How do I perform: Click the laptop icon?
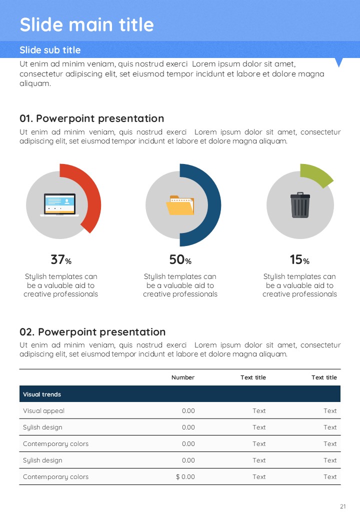pos(59,205)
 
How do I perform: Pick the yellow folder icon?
pos(180,205)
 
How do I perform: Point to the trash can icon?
pos(300,205)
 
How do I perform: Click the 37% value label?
pos(60,260)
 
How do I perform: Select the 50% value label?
pos(180,260)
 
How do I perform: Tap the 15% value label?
pos(299,260)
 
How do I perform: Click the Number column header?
pos(183,377)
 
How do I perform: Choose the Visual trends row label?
pos(42,394)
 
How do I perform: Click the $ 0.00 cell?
pos(185,477)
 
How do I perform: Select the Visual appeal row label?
pos(43,411)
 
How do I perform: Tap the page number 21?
pos(343,506)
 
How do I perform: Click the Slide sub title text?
pos(50,50)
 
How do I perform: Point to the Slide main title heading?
pos(86,24)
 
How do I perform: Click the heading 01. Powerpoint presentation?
pos(91,118)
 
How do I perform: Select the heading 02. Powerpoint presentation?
pos(92,332)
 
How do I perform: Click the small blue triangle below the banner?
pos(339,62)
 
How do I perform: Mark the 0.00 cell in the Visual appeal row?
pos(188,411)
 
